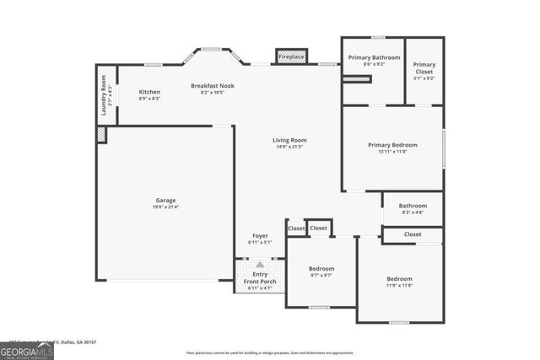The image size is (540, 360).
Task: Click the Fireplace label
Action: [292, 56]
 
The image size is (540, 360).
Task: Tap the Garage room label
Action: [165, 201]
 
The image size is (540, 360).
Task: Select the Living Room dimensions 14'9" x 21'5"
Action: [289, 148]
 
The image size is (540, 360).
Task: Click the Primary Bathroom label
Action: [373, 57]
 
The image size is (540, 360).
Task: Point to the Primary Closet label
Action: [424, 68]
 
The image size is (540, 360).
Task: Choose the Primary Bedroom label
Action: [392, 145]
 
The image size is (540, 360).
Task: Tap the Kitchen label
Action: [149, 92]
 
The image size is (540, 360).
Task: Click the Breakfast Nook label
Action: [212, 86]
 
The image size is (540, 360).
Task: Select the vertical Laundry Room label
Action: [105, 95]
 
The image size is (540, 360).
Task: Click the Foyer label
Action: [260, 235]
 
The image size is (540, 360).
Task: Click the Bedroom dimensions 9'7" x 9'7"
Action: [321, 276]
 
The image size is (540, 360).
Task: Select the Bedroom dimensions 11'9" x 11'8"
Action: [399, 286]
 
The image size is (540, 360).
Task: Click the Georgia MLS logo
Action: [27, 349]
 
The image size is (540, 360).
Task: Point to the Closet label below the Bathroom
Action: [413, 234]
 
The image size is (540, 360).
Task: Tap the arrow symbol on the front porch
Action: [260, 265]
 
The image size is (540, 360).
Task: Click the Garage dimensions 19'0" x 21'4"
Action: [165, 207]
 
